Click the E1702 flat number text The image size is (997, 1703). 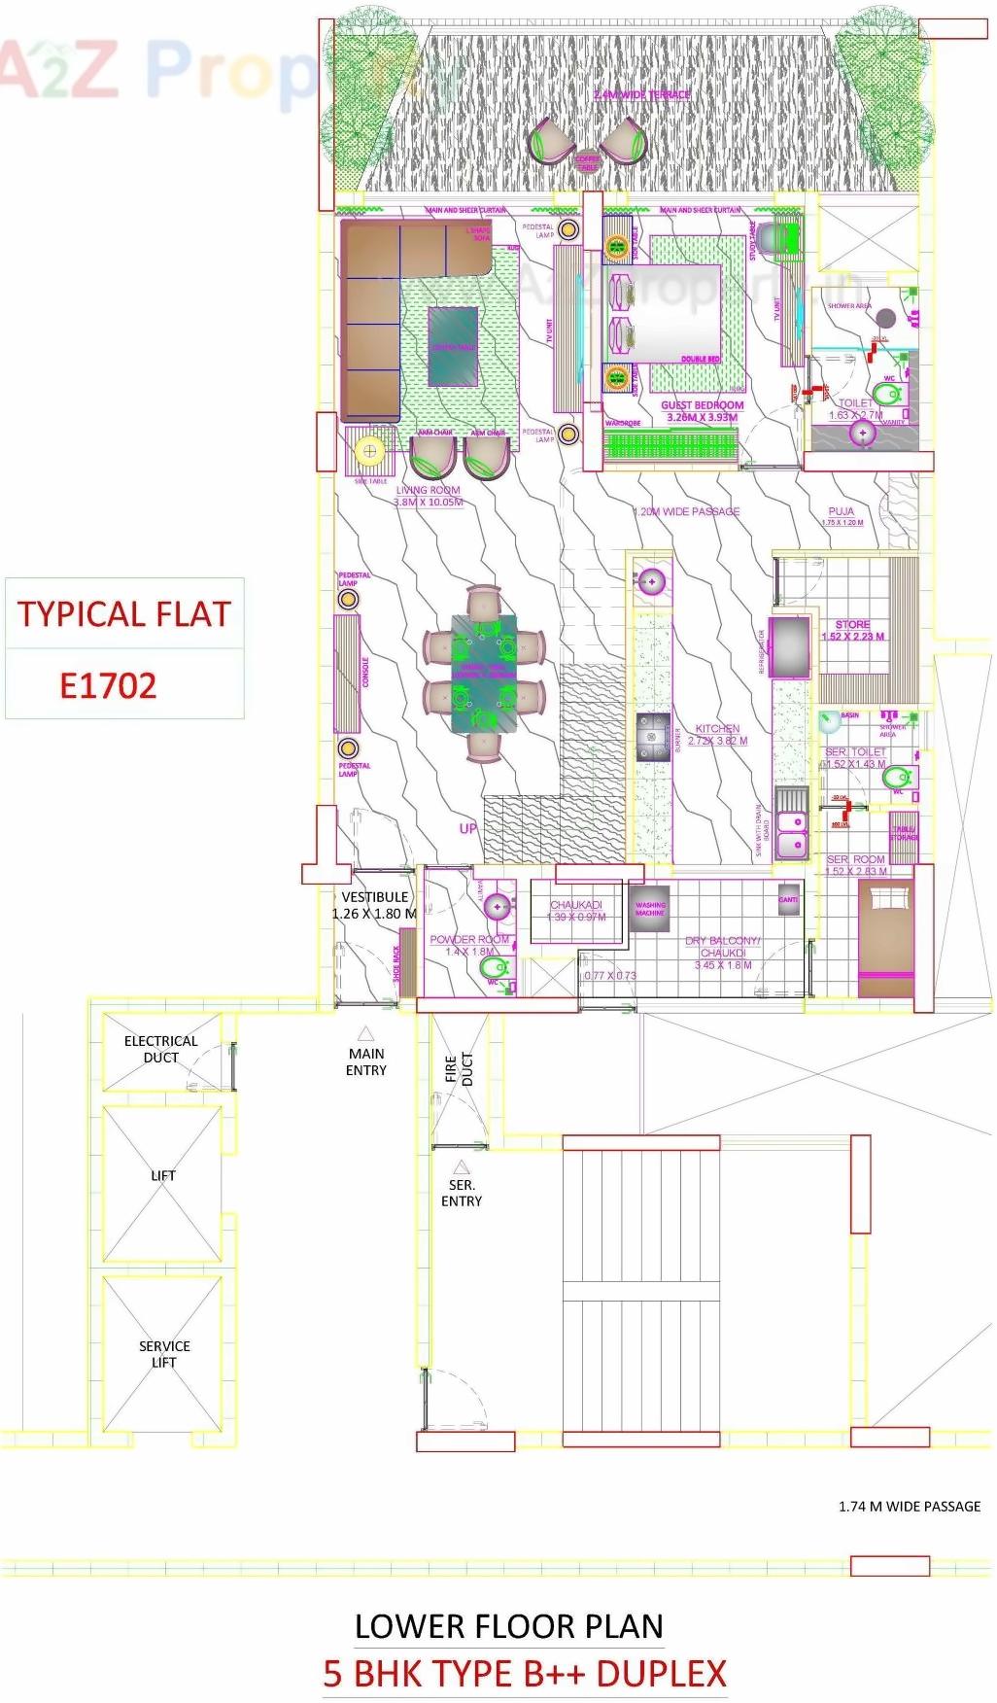[x=108, y=686]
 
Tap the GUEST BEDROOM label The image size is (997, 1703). [x=702, y=405]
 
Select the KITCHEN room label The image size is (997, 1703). [x=717, y=728]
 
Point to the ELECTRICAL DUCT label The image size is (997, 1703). [x=160, y=1049]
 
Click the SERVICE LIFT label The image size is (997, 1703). [x=163, y=1353]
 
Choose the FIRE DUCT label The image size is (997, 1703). [x=459, y=1069]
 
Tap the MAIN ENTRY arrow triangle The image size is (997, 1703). [x=366, y=1033]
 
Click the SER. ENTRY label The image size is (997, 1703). [x=461, y=1193]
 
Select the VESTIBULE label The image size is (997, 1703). [x=374, y=897]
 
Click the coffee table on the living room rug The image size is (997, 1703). [x=453, y=346]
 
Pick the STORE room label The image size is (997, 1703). [x=852, y=625]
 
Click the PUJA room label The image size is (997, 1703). [x=842, y=511]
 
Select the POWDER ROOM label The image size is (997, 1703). [x=469, y=940]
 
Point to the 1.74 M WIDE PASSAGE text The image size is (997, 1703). [x=910, y=1506]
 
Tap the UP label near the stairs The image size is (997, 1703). [x=468, y=828]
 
